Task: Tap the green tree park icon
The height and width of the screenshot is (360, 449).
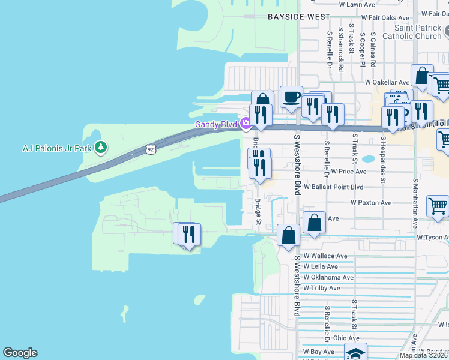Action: click(x=101, y=147)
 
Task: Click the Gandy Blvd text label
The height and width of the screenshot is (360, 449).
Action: click(x=215, y=125)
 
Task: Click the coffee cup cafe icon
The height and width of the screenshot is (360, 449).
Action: click(x=291, y=97)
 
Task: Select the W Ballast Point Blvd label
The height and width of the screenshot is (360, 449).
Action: click(x=333, y=187)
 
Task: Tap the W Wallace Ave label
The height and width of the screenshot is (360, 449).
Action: click(x=325, y=256)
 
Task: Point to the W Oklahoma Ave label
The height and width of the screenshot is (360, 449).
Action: click(x=328, y=277)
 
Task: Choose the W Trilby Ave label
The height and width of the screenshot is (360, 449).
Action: click(x=322, y=288)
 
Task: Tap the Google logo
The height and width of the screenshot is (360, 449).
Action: click(x=20, y=353)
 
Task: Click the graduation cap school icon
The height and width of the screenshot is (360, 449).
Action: click(x=355, y=353)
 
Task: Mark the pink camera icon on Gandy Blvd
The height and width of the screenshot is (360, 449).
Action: click(x=245, y=124)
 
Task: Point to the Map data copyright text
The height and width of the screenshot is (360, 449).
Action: click(x=423, y=355)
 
